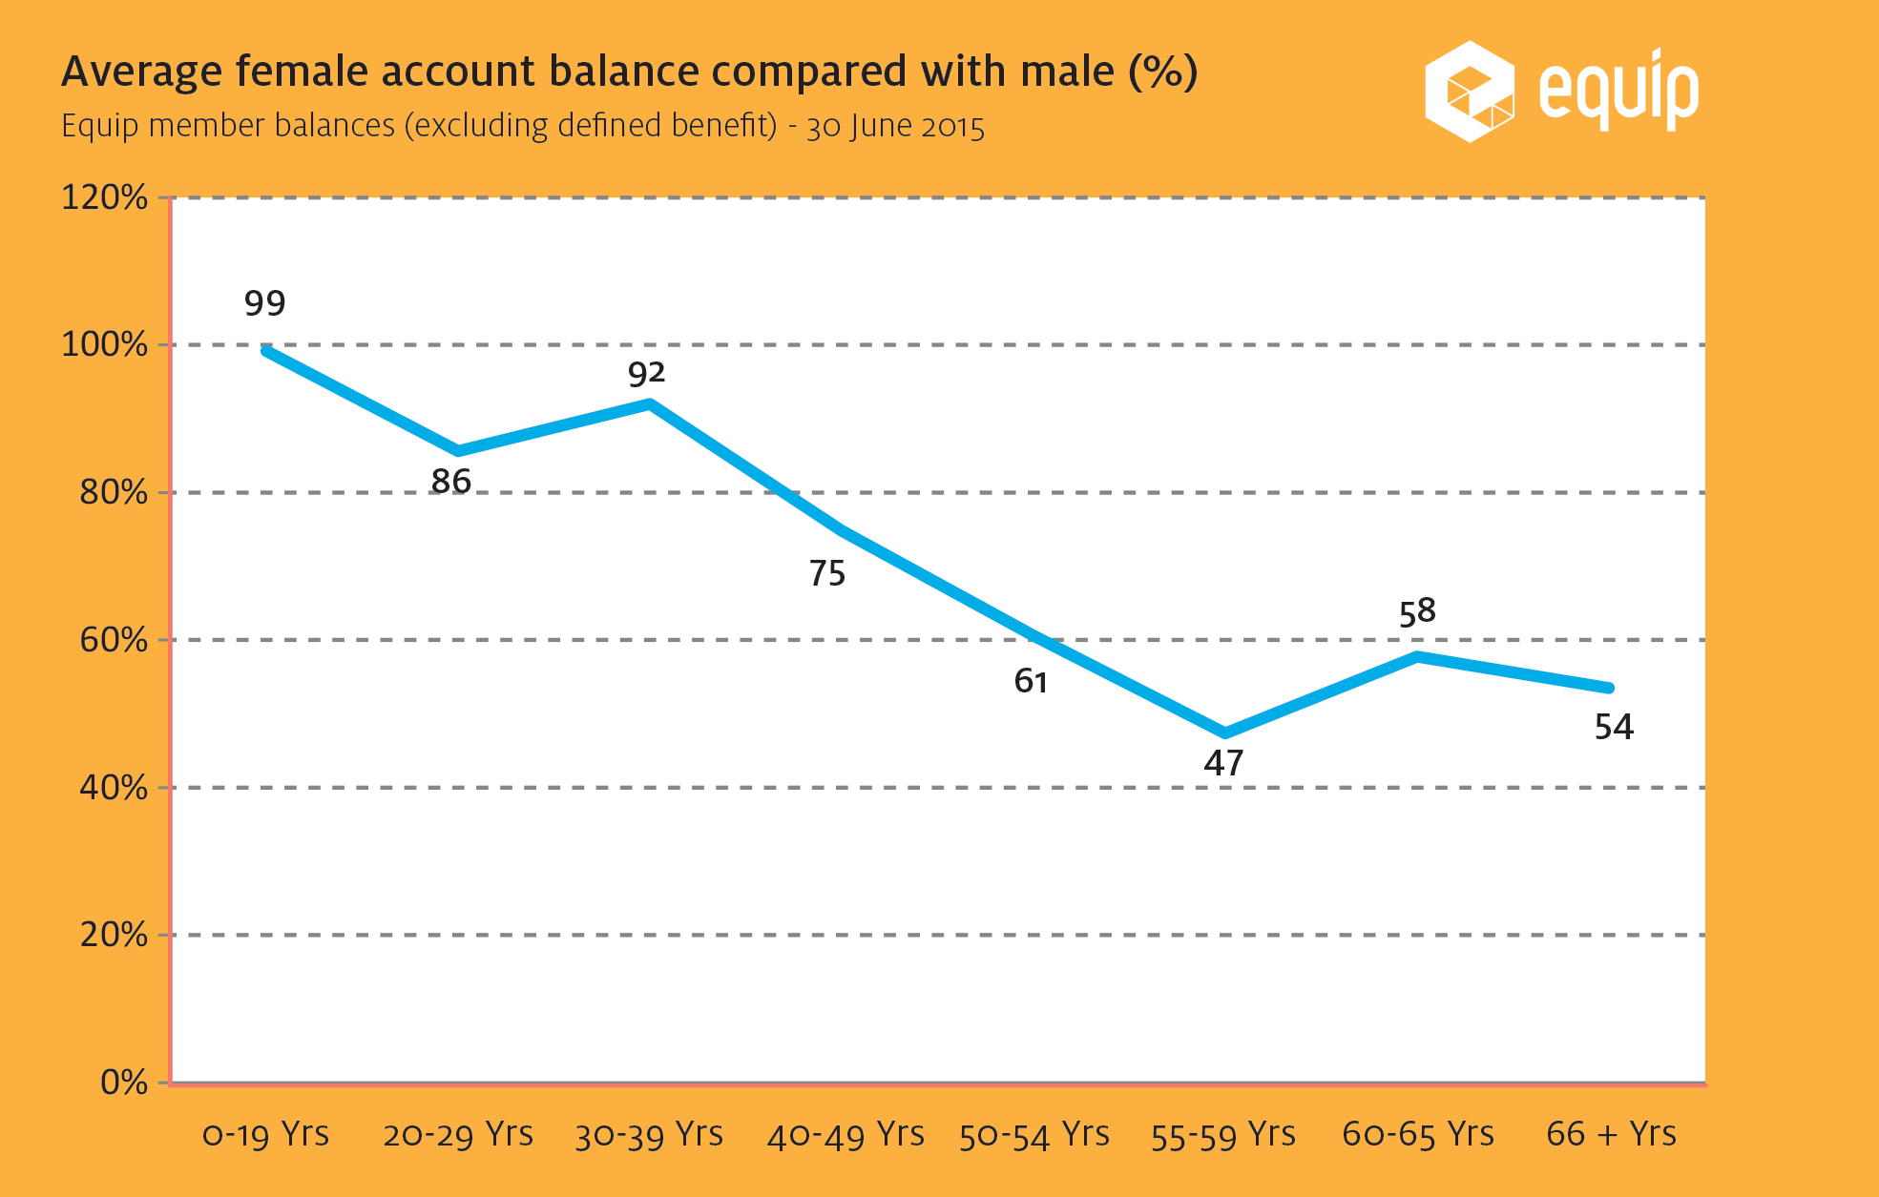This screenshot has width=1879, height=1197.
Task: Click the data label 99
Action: (x=264, y=303)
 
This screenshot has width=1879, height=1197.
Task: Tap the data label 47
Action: (x=1223, y=763)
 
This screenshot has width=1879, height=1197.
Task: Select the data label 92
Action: (x=646, y=373)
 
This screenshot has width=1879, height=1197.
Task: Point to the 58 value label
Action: (x=1417, y=611)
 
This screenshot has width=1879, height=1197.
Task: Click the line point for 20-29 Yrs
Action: (x=458, y=450)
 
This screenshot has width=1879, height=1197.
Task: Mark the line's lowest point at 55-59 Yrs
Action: (x=1225, y=733)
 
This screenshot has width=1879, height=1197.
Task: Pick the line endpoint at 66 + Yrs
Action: (x=1610, y=688)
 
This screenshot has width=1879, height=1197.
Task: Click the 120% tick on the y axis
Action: (x=104, y=197)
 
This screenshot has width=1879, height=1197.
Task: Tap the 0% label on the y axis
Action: (x=123, y=1083)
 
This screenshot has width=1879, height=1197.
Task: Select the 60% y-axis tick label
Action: (x=113, y=640)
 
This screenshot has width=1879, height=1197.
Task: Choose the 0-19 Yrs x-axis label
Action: (x=265, y=1134)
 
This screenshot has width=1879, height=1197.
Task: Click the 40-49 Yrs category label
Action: (x=846, y=1134)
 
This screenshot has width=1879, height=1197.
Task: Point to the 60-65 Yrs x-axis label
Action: (x=1417, y=1134)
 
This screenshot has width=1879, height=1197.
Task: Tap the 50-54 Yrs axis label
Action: (x=1033, y=1134)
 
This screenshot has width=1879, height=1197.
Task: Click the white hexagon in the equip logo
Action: (x=1469, y=92)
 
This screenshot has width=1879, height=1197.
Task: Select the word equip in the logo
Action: (x=1618, y=91)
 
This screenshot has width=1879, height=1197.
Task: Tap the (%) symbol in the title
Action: (x=1162, y=72)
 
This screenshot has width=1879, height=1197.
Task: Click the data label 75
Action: (x=827, y=573)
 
